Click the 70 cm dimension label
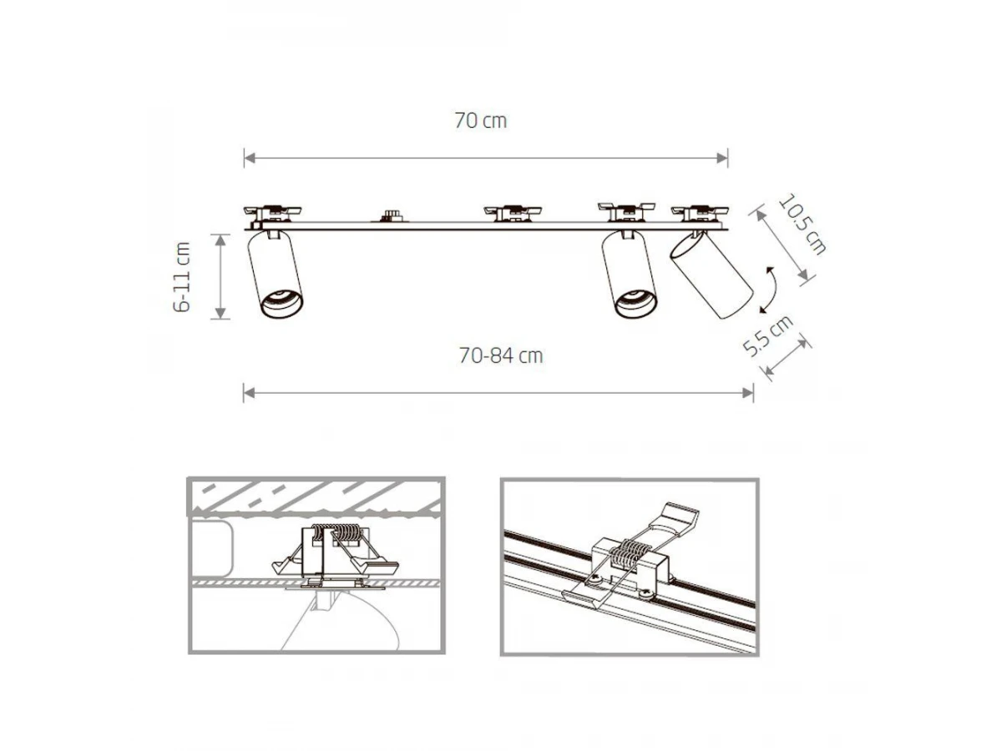coord(480,121)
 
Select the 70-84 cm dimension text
coord(501,355)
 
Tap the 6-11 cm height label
coord(182,277)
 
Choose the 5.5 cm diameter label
coord(768,335)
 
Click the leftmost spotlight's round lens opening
coord(281,303)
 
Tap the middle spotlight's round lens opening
coord(635,303)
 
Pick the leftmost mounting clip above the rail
coord(272,214)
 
